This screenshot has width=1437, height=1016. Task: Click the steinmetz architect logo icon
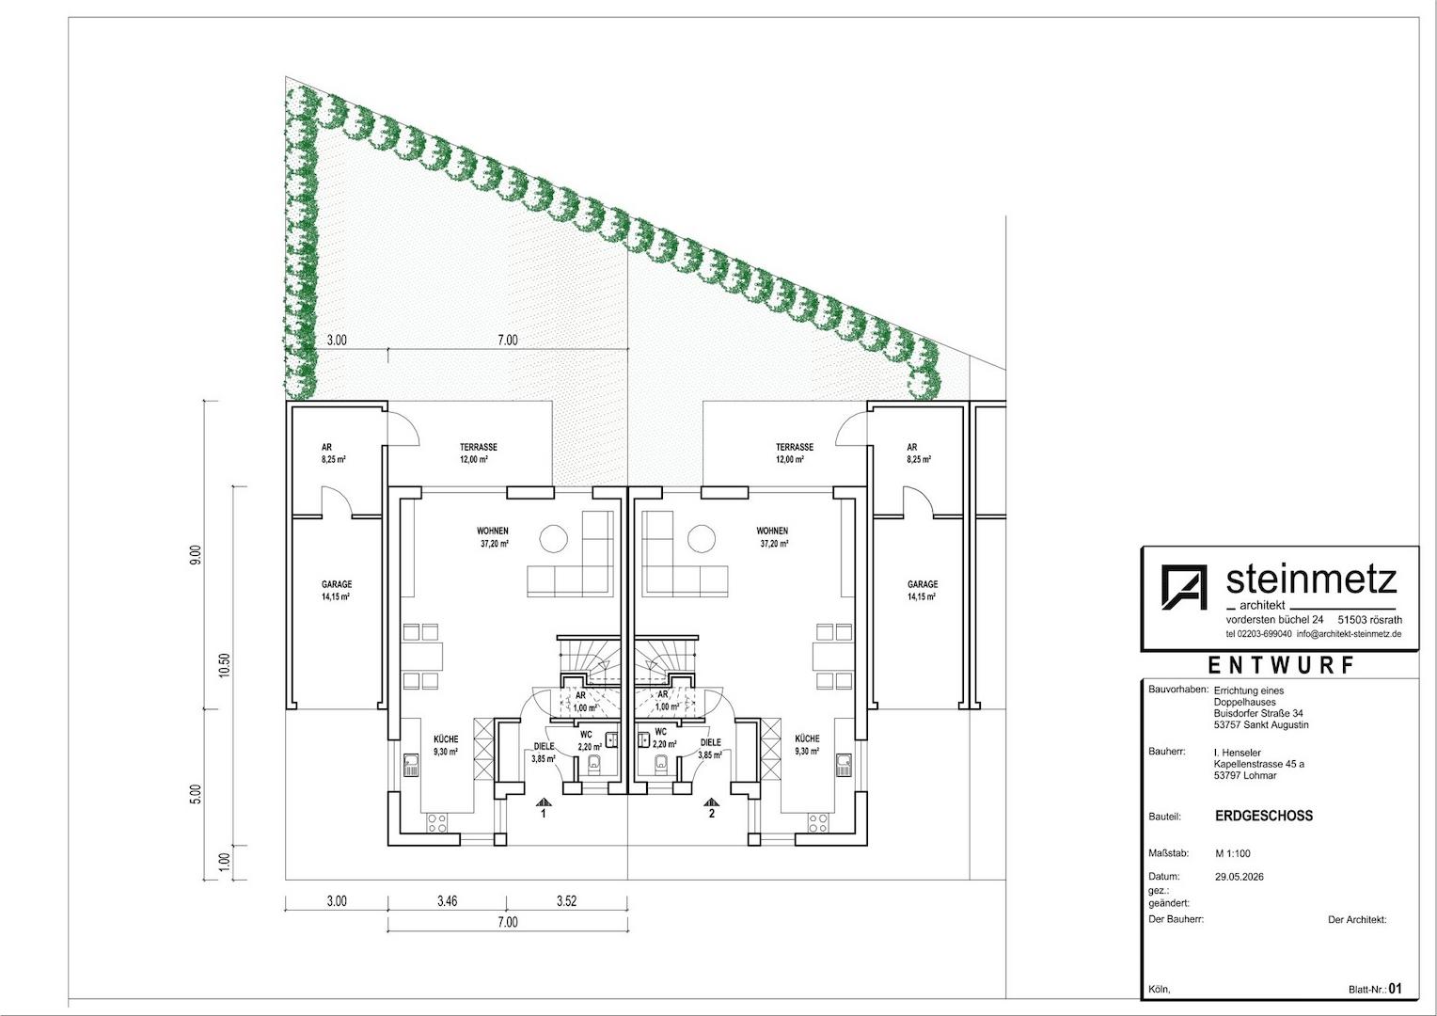(x=1184, y=587)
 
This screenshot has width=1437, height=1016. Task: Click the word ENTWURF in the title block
(x=1281, y=665)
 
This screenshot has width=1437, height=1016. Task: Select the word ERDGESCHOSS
(x=1264, y=816)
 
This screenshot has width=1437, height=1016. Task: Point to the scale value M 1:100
(x=1232, y=853)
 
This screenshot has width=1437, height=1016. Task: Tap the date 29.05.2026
(x=1240, y=877)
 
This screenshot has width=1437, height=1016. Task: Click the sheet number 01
(x=1396, y=989)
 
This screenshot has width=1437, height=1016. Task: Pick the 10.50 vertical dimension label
(x=224, y=665)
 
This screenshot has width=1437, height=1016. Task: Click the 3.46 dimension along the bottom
(x=447, y=901)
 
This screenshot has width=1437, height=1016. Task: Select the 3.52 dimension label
(x=566, y=901)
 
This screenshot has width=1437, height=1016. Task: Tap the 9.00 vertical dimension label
(x=196, y=555)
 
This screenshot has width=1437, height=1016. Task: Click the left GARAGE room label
(x=337, y=584)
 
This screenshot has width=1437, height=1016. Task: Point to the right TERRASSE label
(x=794, y=447)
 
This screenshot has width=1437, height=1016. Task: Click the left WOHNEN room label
(x=493, y=531)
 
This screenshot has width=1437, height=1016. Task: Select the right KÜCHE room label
(x=807, y=738)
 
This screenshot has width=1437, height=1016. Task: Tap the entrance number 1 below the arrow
(x=544, y=814)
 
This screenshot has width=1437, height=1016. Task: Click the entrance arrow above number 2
(x=711, y=802)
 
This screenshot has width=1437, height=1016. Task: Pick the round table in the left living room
(x=553, y=538)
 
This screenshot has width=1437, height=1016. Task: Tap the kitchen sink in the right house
(x=844, y=765)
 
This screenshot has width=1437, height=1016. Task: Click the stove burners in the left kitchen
(x=437, y=823)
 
